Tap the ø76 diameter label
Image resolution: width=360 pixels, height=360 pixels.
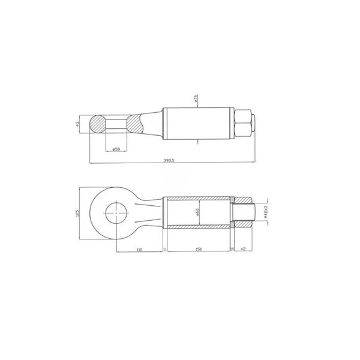(197, 100)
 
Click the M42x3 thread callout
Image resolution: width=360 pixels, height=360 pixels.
(265, 211)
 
